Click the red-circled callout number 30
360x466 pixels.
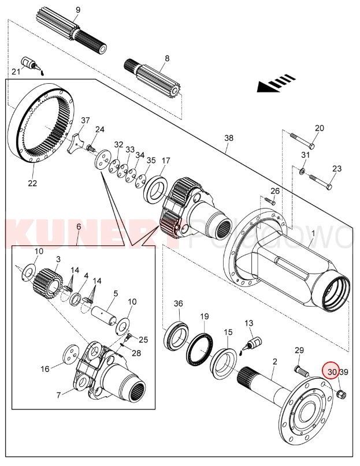tap(332, 372)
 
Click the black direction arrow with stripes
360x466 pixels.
tap(275, 84)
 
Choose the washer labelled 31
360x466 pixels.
tap(303, 172)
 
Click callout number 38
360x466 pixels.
tap(229, 138)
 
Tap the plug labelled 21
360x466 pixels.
tap(27, 64)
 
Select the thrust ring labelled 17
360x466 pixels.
tap(155, 188)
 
